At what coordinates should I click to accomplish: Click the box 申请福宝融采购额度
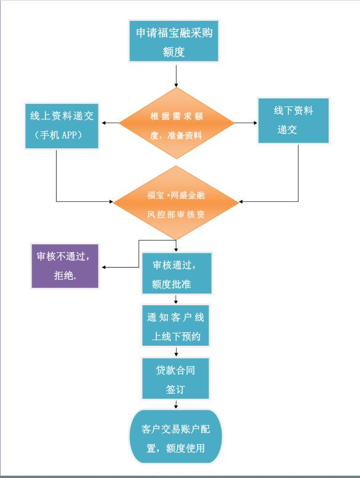[x=174, y=41]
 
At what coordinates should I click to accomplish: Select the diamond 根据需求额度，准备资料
[x=176, y=123]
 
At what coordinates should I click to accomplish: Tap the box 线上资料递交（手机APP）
[x=62, y=126]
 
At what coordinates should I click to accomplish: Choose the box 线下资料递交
[x=294, y=121]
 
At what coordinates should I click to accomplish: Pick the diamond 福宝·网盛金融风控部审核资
[x=176, y=203]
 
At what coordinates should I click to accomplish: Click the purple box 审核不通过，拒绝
[x=65, y=266]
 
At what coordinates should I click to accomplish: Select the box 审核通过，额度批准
[x=177, y=273]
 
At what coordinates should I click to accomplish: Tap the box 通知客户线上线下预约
[x=175, y=325]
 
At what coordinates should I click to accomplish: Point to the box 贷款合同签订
[x=175, y=378]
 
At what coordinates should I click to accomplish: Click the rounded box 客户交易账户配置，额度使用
[x=175, y=436]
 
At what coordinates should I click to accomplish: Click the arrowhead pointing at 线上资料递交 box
[x=103, y=123]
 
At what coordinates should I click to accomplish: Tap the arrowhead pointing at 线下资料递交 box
[x=255, y=123]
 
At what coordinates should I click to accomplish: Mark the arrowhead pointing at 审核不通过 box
[x=103, y=268]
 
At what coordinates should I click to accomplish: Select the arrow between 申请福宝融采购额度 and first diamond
[x=176, y=76]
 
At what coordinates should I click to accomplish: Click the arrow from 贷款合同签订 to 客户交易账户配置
[x=176, y=404]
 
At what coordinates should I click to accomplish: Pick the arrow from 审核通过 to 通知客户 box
[x=176, y=299]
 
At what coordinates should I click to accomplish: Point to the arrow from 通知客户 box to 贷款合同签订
[x=176, y=351]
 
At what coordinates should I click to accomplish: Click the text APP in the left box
[x=69, y=135]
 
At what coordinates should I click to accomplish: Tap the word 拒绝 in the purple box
[x=63, y=276]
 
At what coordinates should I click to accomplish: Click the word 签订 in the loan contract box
[x=175, y=389]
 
